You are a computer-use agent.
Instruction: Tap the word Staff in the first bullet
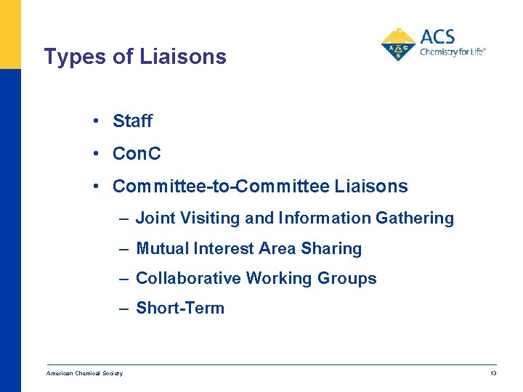[x=132, y=121]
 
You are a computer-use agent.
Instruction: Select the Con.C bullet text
[x=137, y=154]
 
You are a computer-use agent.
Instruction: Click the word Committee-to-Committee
[x=221, y=187]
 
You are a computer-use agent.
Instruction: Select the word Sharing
[x=331, y=248]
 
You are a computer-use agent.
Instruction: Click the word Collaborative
[x=189, y=278]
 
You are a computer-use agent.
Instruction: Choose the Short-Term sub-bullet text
[x=180, y=308]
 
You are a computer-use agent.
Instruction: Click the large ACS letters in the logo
[x=438, y=37]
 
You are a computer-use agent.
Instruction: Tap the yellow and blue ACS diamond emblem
[x=398, y=45]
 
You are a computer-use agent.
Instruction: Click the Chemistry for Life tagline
[x=452, y=52]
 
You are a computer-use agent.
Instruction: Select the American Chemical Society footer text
[x=84, y=373]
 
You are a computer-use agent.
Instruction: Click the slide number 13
[x=493, y=373]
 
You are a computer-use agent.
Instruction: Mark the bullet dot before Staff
[x=96, y=121]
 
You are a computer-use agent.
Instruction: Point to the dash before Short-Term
[x=125, y=308]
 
